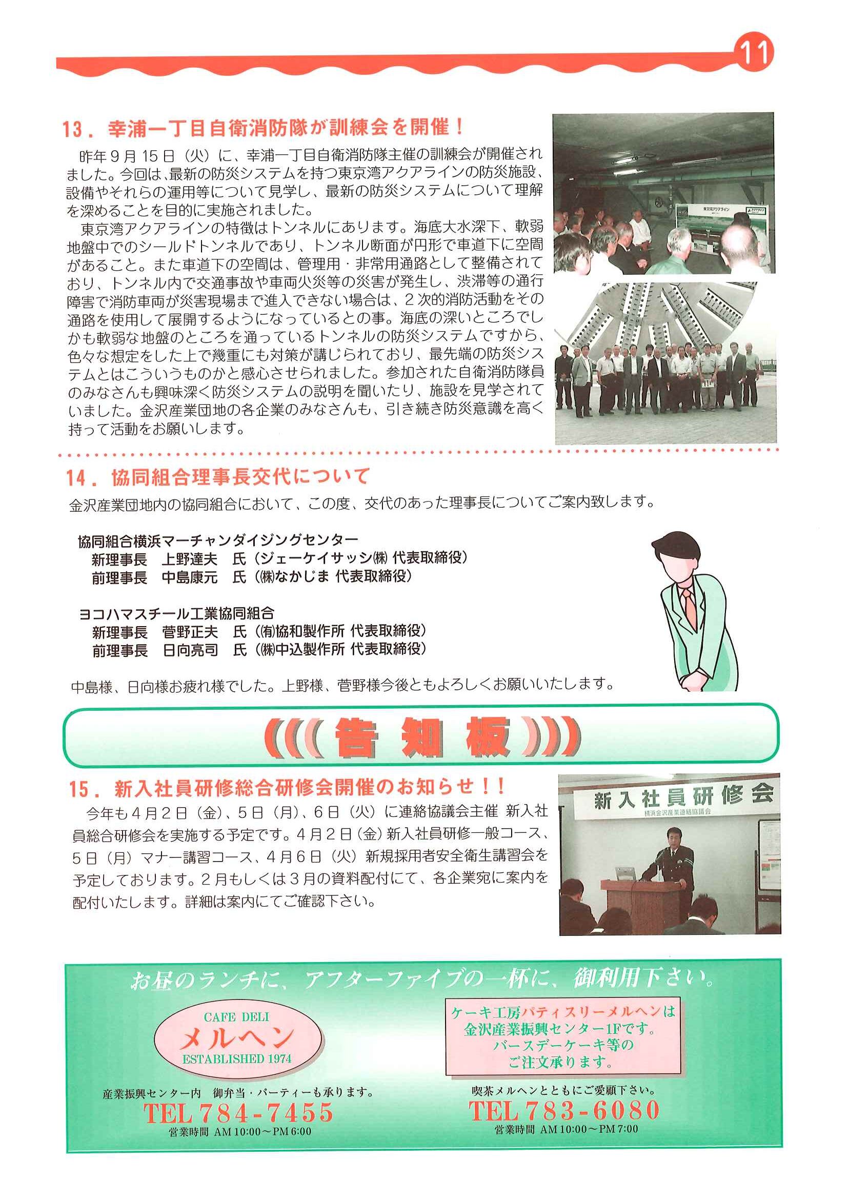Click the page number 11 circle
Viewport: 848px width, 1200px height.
tap(754, 53)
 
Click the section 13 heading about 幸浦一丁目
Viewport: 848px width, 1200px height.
tap(264, 128)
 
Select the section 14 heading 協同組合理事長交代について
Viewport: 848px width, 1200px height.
tap(217, 476)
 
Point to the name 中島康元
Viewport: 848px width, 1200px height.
tap(189, 577)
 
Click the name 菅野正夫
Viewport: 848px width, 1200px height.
tap(190, 632)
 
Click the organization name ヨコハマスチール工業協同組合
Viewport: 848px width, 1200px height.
tap(176, 613)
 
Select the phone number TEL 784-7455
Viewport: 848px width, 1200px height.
tap(239, 1113)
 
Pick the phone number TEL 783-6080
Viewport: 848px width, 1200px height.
tap(564, 1110)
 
